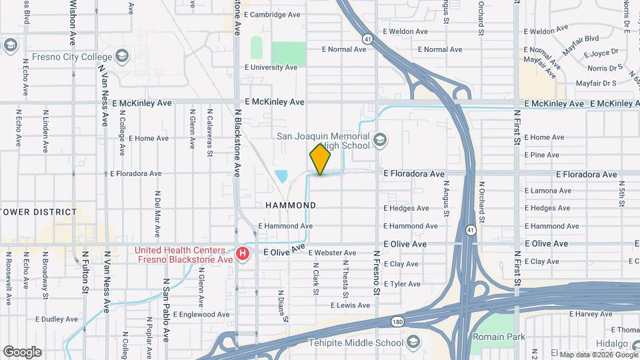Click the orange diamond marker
[320, 160]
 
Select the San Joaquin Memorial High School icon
[380, 140]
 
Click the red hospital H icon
[243, 254]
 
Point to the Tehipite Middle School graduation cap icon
[413, 343]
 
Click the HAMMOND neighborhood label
[291, 205]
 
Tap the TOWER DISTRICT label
[39, 212]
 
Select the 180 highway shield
[397, 322]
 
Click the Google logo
[22, 352]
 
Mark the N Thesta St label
[346, 279]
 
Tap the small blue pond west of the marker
[281, 177]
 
